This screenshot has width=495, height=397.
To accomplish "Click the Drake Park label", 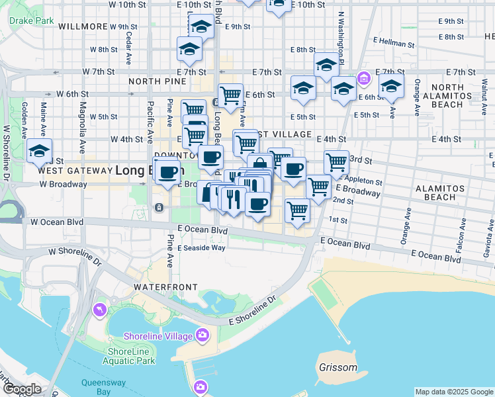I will (32, 21).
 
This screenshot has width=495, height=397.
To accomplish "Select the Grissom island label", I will (337, 367).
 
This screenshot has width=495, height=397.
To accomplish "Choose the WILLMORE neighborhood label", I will (83, 26).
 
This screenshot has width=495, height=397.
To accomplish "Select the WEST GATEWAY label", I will (75, 170).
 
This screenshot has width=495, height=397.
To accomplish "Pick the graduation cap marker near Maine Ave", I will (40, 151).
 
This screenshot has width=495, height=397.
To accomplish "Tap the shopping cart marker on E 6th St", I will (230, 95).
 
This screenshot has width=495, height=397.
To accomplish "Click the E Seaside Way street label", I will (201, 248).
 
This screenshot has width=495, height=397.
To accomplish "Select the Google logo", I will (22, 390).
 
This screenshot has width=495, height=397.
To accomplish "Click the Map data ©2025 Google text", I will (453, 392).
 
